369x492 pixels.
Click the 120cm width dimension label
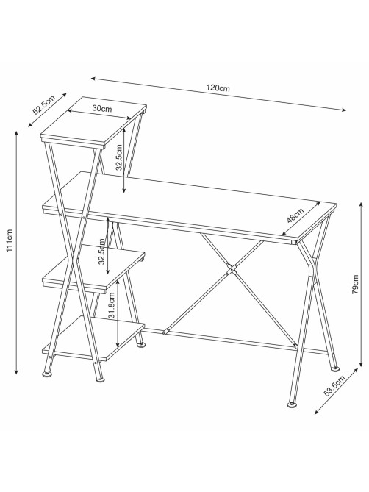[218, 88]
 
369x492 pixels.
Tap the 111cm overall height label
[10, 240]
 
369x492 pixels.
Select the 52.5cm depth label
[44, 104]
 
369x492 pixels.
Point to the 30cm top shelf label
[102, 109]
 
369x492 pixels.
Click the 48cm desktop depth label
[295, 215]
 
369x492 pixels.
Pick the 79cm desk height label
[356, 285]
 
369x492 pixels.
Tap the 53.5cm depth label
[334, 386]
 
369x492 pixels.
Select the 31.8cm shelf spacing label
[112, 306]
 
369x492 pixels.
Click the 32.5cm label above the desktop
[119, 157]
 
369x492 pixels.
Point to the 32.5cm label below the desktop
[101, 252]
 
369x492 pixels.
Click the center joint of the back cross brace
[232, 269]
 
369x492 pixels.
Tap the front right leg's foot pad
[293, 405]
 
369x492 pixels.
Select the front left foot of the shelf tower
[100, 379]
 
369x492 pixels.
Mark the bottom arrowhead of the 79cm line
[361, 363]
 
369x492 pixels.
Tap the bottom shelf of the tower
[93, 338]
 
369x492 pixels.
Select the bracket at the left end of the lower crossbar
[166, 331]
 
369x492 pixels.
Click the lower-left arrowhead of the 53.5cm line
[318, 411]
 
